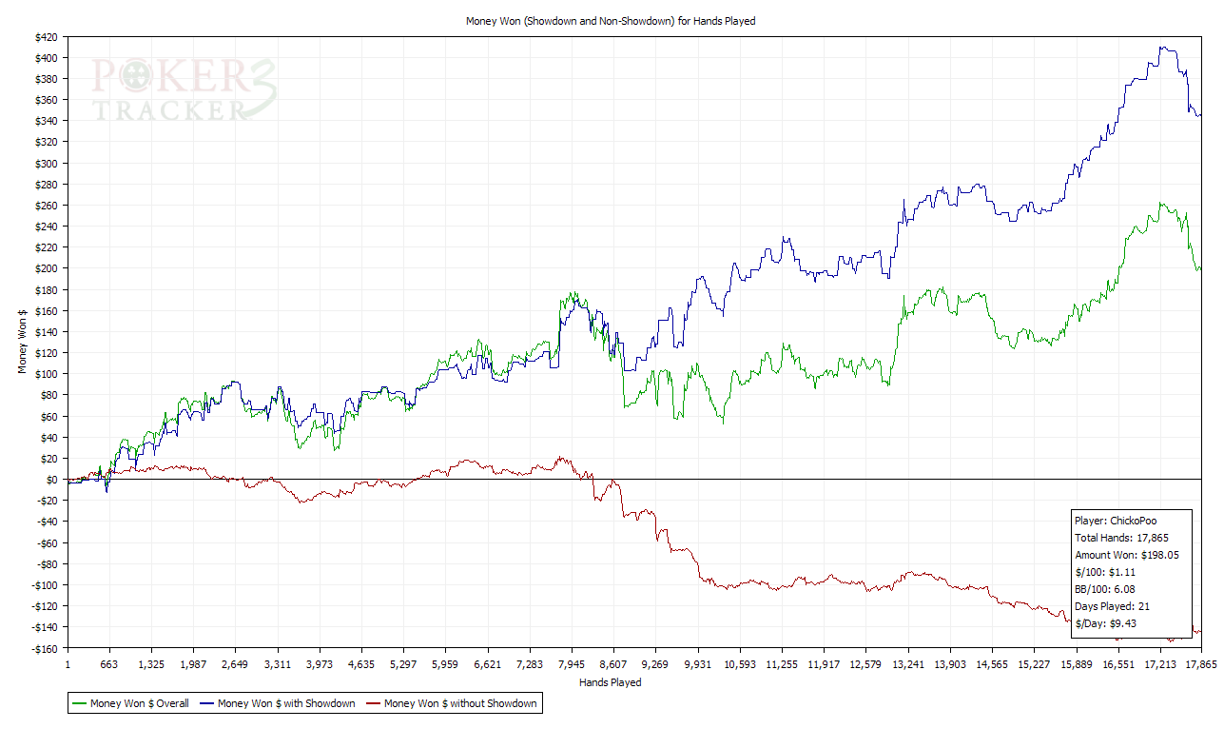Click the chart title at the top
tap(610, 20)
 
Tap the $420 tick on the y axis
tap(45, 37)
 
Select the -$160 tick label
tap(43, 648)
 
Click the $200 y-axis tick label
tap(45, 268)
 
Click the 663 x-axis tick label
tap(109, 664)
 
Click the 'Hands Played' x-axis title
tap(610, 682)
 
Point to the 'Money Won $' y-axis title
tap(22, 340)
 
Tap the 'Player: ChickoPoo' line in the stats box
tap(1116, 521)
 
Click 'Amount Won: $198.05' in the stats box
tap(1127, 555)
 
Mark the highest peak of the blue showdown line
tap(1161, 47)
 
